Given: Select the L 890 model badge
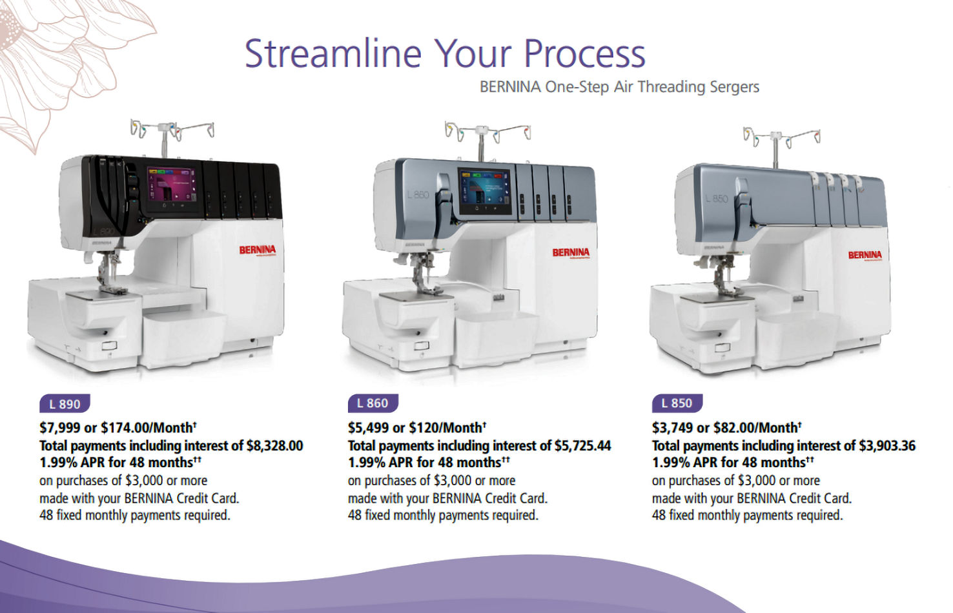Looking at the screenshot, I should [x=65, y=404].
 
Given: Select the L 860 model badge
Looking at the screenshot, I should [x=373, y=403].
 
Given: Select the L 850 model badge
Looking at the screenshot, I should [x=677, y=403].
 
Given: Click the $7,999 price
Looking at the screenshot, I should [x=59, y=428].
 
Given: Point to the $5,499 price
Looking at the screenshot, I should [x=367, y=428].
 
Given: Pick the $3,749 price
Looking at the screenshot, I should [x=671, y=428].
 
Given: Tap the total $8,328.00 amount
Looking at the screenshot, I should [x=274, y=446].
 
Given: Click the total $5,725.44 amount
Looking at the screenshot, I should [x=582, y=446].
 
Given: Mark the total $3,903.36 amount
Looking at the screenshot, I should [x=886, y=446].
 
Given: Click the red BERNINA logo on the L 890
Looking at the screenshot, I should [x=257, y=250].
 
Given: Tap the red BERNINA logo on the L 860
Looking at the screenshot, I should [x=571, y=252].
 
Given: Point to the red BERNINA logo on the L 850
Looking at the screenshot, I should [x=865, y=255].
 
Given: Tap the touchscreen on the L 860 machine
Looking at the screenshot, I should [x=484, y=191].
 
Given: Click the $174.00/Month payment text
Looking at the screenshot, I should [x=149, y=428].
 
